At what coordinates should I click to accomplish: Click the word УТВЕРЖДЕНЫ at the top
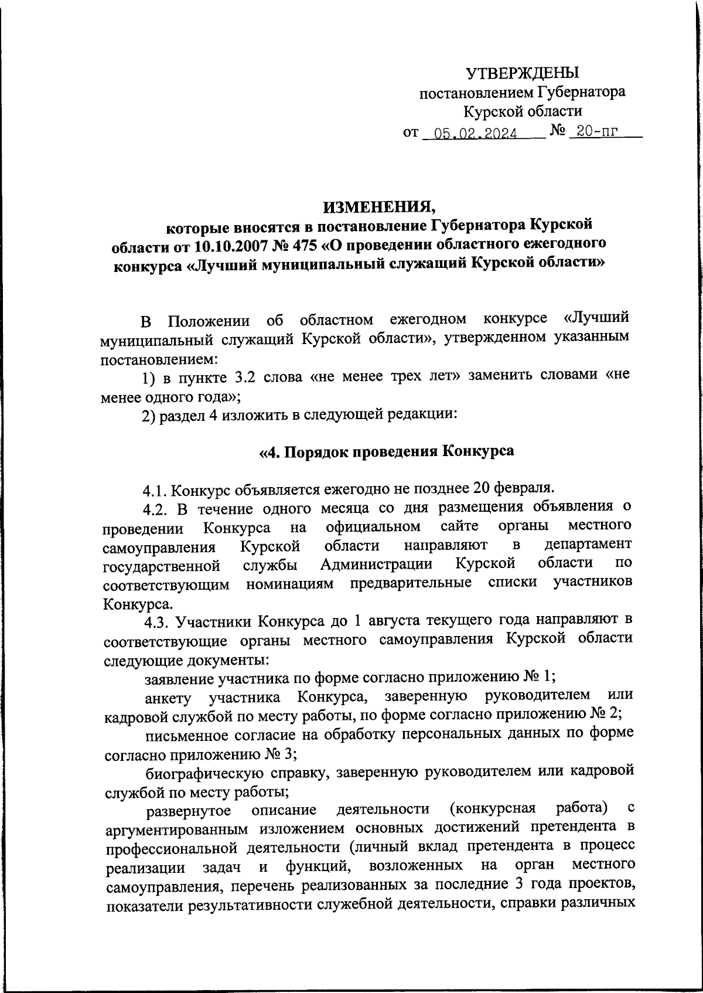522,73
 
